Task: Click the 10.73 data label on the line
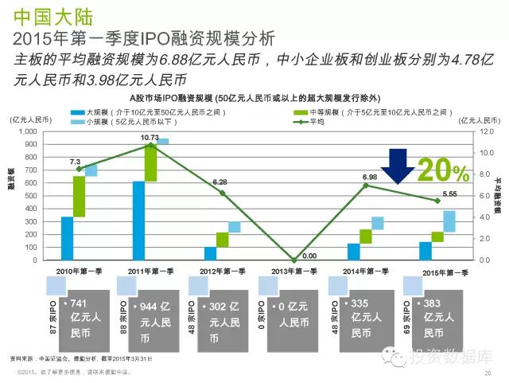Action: click(x=150, y=138)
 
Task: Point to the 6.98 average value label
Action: click(x=369, y=177)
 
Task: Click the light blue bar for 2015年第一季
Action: click(x=449, y=221)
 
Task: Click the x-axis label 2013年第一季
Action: click(x=291, y=272)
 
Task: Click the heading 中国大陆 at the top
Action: click(x=45, y=14)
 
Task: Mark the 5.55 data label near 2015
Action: click(x=449, y=193)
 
